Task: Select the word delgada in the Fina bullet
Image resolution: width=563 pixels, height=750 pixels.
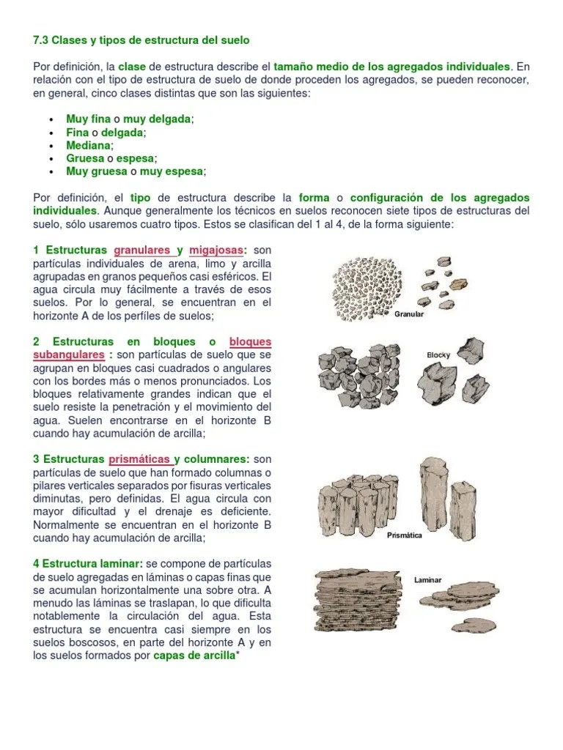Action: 123,132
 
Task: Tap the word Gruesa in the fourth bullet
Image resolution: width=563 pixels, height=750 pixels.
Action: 85,158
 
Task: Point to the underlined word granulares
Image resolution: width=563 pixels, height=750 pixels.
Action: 143,250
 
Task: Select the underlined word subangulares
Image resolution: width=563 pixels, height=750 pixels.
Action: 68,355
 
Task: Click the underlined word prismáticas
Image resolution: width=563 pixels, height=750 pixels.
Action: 141,459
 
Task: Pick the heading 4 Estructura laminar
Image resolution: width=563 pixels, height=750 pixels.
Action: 88,563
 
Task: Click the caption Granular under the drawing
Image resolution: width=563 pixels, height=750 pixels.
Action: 409,314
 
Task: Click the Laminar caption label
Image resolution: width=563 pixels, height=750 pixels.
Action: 427,579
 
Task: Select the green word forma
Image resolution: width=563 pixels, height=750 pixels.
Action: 314,198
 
